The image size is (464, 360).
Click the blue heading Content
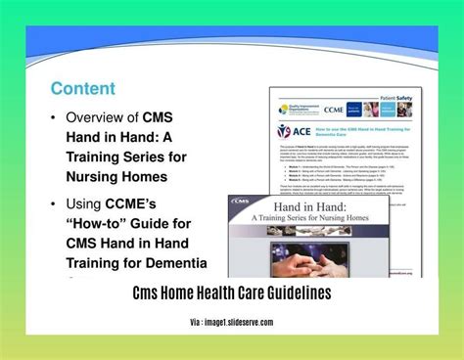(83, 89)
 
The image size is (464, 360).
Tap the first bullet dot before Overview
(56, 118)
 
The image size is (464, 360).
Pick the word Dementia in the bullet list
(180, 261)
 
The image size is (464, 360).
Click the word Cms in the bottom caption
(146, 293)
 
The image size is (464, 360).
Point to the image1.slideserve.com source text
(239, 322)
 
